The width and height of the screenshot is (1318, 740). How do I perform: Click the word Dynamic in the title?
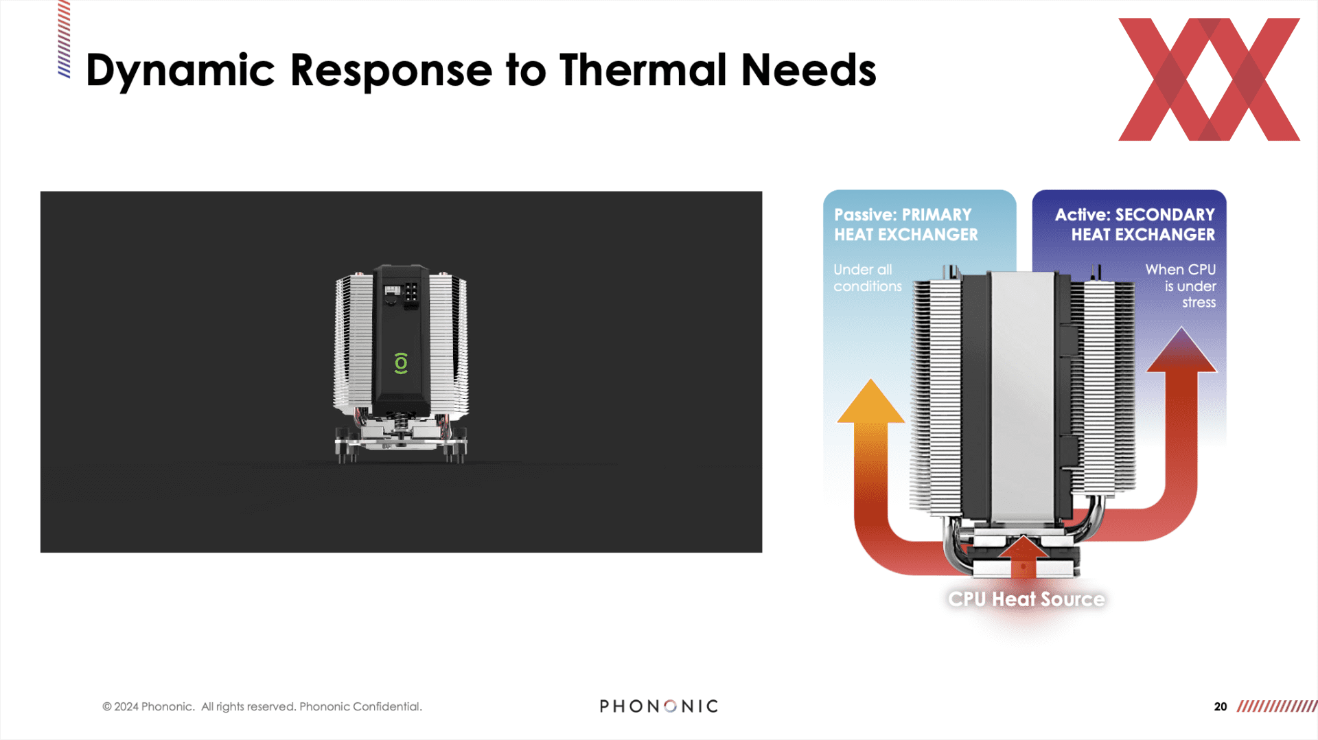180,71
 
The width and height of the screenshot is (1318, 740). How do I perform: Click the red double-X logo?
1209,79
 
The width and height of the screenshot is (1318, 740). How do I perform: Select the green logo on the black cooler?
401,362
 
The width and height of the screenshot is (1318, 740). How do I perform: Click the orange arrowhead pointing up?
870,401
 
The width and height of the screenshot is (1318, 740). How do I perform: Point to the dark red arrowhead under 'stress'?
1181,349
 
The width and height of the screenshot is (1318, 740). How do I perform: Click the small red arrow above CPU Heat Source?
1023,556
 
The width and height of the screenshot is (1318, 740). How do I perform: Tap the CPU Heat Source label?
1026,599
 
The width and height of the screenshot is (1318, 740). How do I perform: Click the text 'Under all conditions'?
868,278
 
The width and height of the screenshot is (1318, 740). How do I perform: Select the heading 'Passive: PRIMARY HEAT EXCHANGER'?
906,224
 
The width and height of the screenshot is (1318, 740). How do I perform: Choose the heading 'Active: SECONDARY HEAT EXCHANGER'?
1135,224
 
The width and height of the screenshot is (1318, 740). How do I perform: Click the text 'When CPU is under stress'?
1181,286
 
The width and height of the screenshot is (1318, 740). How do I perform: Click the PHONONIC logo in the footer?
659,706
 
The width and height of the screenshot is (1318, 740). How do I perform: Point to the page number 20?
1221,706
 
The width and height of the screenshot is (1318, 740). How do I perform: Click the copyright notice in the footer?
262,706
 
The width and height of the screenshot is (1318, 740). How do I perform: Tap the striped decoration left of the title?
64,39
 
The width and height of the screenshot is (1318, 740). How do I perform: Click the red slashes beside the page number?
1277,706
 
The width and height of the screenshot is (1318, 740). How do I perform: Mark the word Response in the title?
391,71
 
